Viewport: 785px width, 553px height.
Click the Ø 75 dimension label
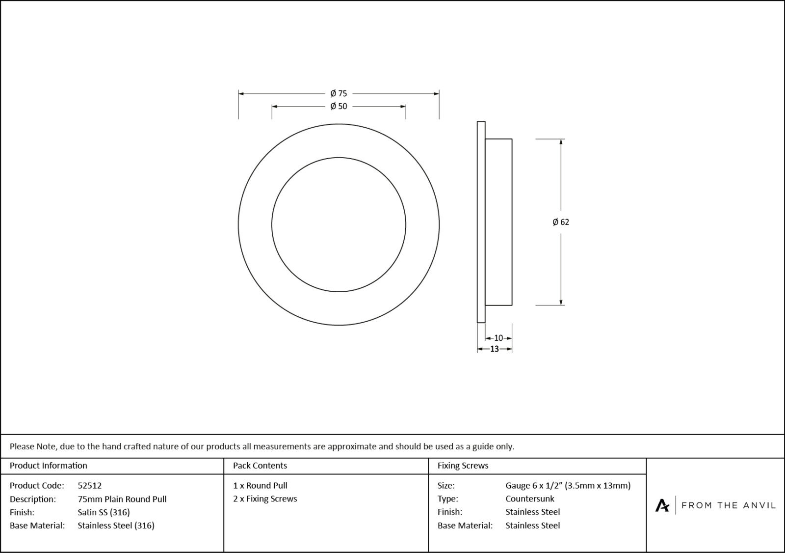[339, 93]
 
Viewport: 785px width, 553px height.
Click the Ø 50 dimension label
[339, 106]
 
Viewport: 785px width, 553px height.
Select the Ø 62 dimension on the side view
[561, 222]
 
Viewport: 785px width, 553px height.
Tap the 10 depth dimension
[498, 338]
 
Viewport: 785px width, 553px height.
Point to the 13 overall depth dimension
[495, 349]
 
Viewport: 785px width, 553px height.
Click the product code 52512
[90, 485]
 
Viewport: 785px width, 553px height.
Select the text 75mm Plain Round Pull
[122, 499]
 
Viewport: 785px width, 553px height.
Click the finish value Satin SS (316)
[104, 512]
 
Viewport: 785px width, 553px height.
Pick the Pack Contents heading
[260, 466]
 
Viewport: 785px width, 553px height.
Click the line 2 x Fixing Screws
[265, 498]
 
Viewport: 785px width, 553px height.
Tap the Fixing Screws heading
[463, 466]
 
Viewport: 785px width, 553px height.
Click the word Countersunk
[530, 498]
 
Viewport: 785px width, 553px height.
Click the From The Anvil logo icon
[662, 505]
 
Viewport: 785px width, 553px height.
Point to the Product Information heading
[49, 466]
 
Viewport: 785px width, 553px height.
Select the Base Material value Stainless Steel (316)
[116, 525]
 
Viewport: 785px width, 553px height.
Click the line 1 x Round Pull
[260, 485]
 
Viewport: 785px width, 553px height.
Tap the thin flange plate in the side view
[481, 222]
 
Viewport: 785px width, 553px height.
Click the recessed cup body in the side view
[498, 222]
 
